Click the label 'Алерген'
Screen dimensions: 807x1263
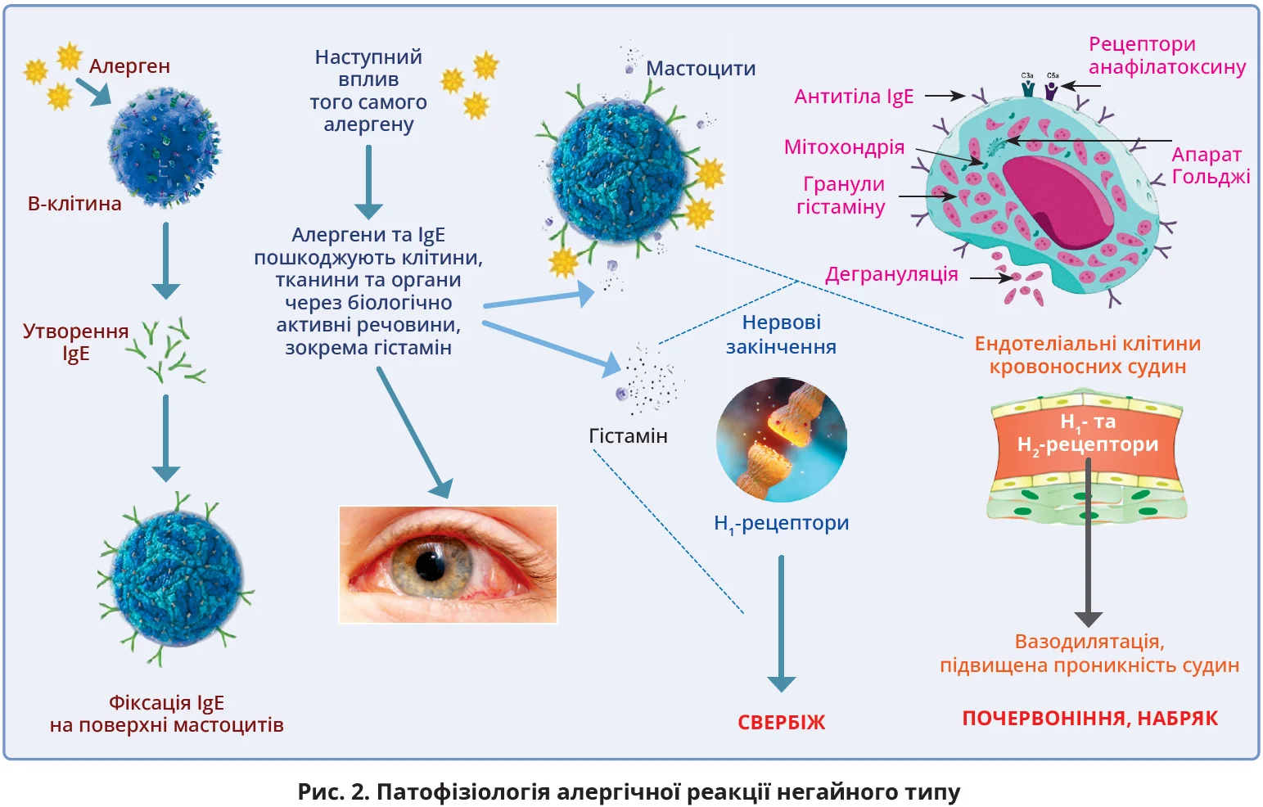point(129,66)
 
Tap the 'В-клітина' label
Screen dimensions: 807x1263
point(74,204)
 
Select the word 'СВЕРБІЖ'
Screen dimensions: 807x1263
point(782,723)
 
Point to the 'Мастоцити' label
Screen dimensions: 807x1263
point(701,69)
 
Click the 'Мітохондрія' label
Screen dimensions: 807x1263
point(844,147)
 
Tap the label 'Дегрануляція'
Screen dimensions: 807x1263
point(891,274)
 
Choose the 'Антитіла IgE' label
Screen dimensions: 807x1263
point(854,97)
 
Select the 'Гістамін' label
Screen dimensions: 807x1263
point(628,436)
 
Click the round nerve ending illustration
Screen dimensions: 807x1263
point(781,440)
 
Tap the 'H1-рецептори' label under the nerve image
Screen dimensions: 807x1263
point(781,524)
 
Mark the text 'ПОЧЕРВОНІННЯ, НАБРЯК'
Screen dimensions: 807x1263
point(1089,719)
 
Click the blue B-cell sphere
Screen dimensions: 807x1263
point(164,147)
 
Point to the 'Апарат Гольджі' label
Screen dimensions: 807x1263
point(1210,165)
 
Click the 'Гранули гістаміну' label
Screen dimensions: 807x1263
point(842,196)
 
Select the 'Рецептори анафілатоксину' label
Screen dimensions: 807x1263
point(1166,56)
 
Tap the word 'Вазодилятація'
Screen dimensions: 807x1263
point(1089,642)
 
